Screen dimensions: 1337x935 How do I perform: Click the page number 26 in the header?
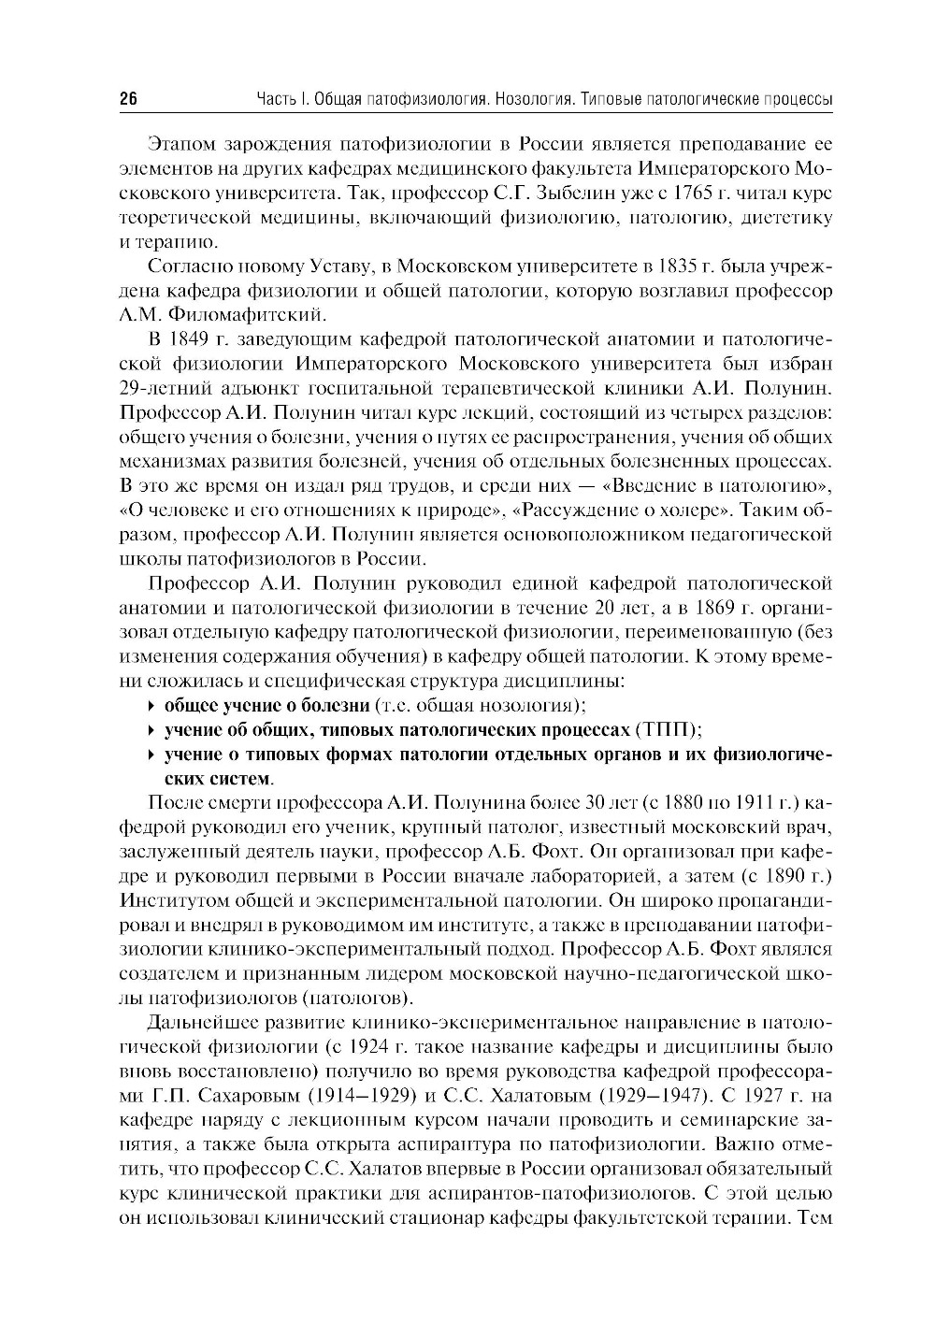click(x=128, y=100)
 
